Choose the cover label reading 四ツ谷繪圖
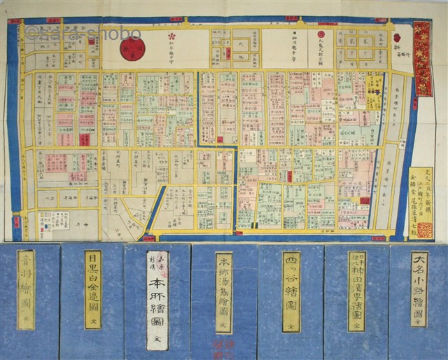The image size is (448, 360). click(x=290, y=292)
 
